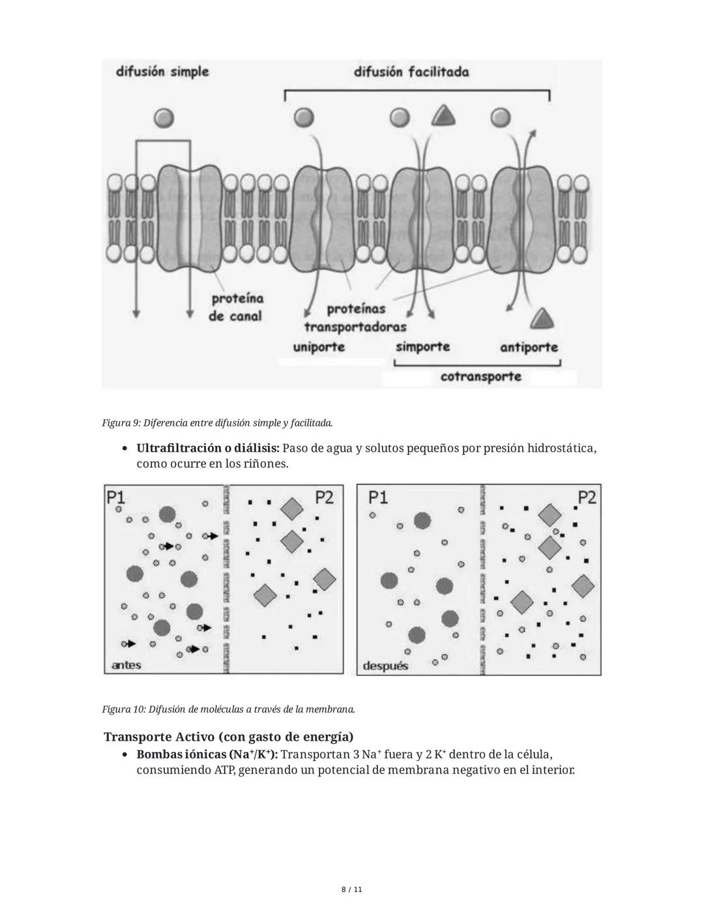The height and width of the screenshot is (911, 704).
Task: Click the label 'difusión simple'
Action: pos(162,71)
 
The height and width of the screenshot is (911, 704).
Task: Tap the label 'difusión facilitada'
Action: pos(411,72)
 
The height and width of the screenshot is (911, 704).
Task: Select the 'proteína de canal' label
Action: pos(235,307)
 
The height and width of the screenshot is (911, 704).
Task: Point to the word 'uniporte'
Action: pos(319,346)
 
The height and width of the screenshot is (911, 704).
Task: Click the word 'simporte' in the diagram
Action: pos(422,346)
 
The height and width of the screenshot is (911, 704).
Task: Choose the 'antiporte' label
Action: pos(529,347)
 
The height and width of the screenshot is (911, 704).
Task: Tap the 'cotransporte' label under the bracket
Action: pos(481,376)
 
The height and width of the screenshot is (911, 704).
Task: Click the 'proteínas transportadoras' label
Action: pos(355,318)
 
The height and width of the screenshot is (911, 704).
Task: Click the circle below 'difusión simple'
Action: pos(164,117)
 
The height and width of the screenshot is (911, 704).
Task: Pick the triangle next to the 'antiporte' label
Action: pos(542,320)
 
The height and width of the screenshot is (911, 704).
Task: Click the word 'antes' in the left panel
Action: pos(126,665)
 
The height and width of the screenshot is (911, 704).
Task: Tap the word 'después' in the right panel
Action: pos(385,666)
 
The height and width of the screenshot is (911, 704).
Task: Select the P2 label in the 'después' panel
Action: pos(587,498)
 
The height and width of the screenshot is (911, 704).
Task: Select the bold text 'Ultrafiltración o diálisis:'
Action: pos(208,449)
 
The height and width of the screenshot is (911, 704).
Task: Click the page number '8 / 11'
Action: pos(352,889)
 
